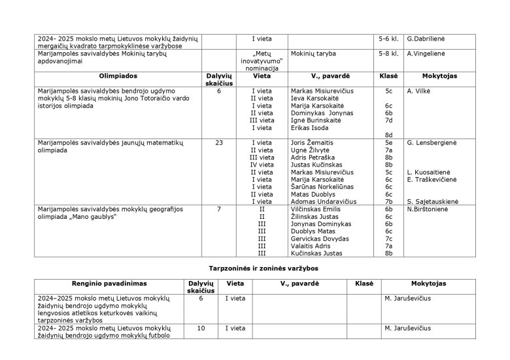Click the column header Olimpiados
click(x=118, y=76)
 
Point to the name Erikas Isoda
click(x=310, y=127)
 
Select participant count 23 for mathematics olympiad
click(x=219, y=142)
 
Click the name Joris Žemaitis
click(x=312, y=142)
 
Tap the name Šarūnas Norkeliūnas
click(x=323, y=187)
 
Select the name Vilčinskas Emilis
click(x=315, y=209)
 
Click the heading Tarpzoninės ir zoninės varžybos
click(x=254, y=269)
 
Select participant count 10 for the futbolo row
click(x=201, y=328)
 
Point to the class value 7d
click(x=388, y=120)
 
